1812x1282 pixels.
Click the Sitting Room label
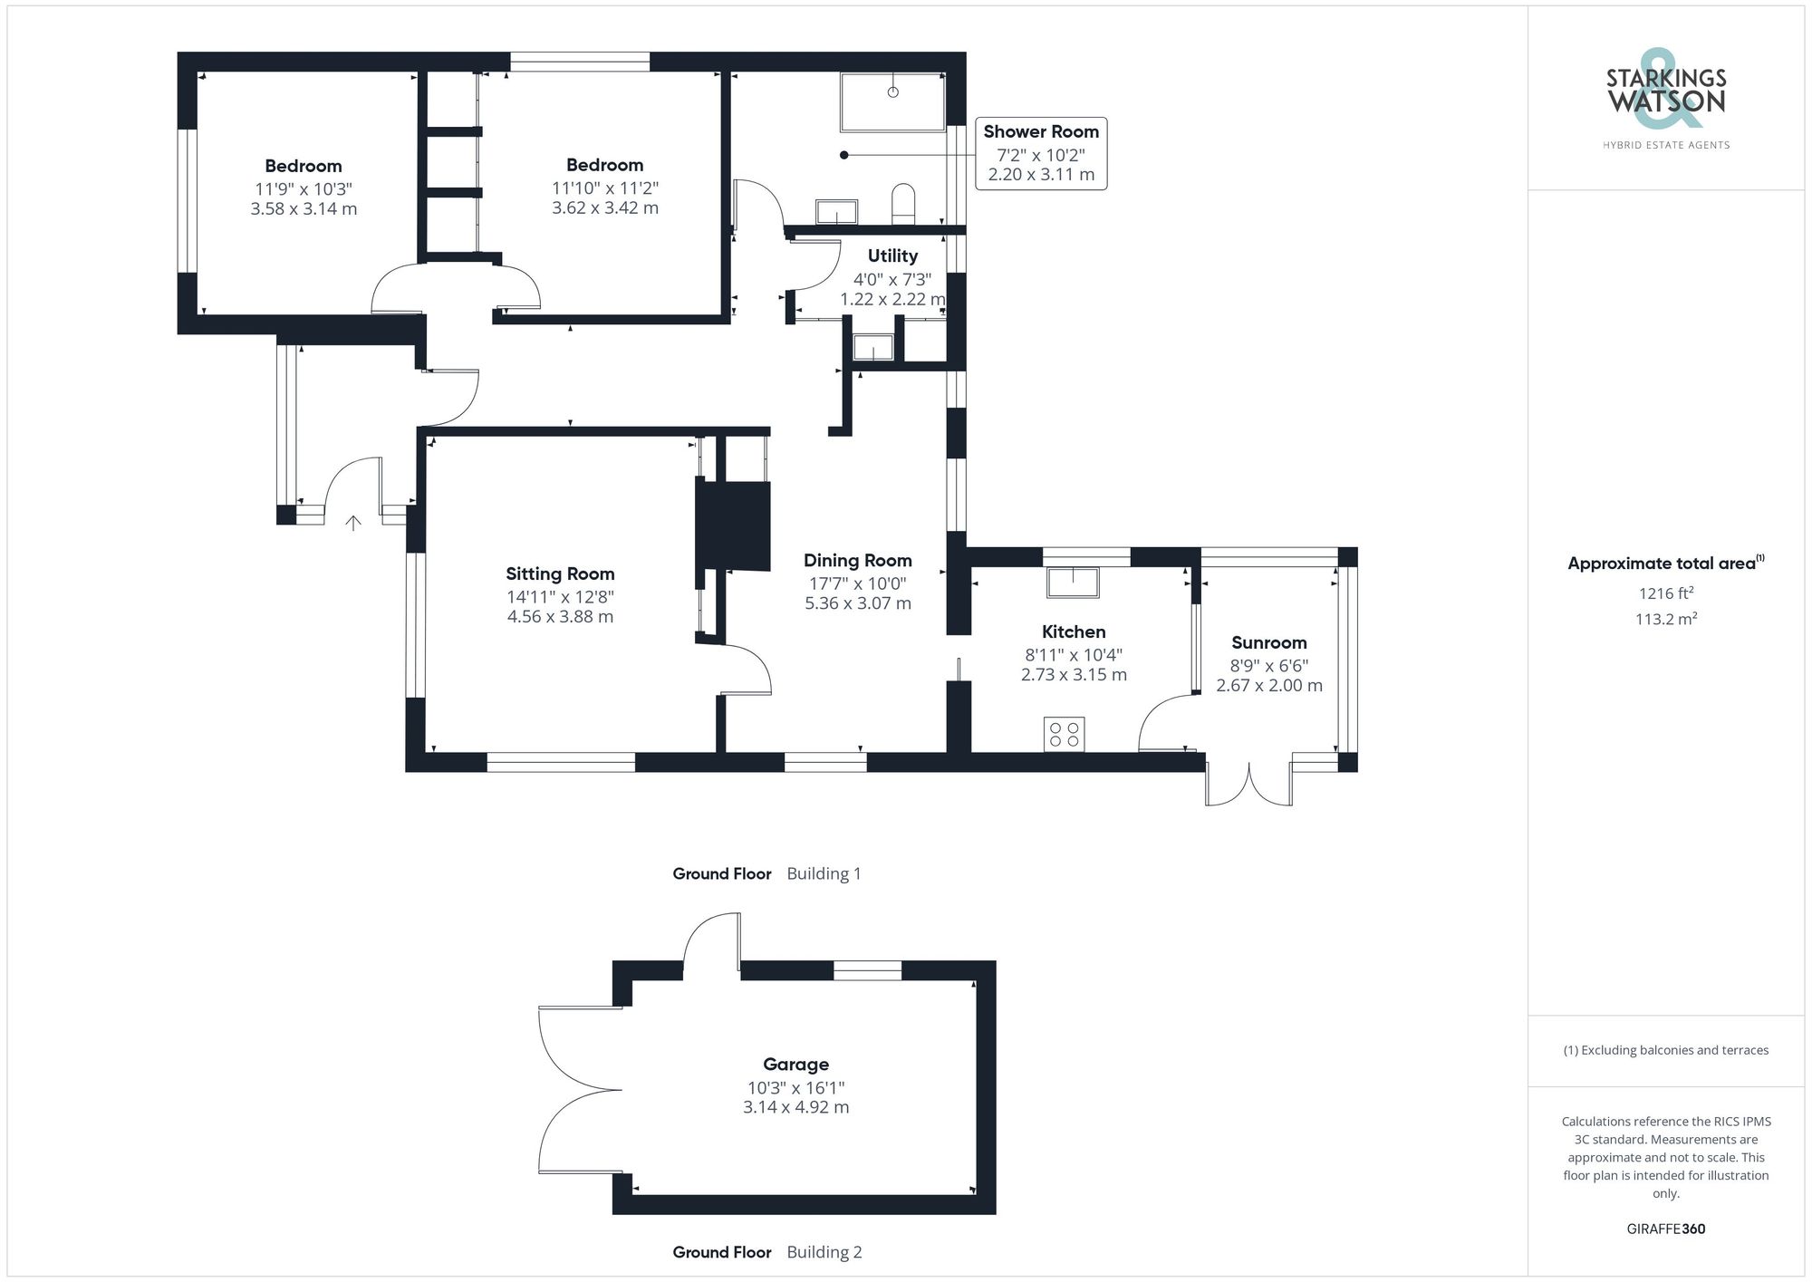[560, 574]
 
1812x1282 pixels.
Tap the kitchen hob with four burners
[1065, 734]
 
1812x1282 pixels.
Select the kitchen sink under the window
[1073, 582]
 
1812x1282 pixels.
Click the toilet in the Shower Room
[903, 204]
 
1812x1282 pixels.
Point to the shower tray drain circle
[893, 92]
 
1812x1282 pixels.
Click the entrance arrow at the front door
[353, 523]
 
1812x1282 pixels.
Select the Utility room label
[892, 255]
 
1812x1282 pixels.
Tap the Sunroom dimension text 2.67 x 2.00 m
[1268, 686]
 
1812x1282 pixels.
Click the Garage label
[795, 1065]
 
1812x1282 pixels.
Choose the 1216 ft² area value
[1665, 593]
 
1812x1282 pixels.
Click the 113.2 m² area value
[1665, 620]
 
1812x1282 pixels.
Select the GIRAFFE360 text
[1665, 1229]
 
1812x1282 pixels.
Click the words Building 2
[824, 1252]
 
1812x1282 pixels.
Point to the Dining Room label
[857, 561]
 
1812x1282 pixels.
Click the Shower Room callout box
[1041, 153]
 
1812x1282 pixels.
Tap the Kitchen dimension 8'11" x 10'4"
[1074, 655]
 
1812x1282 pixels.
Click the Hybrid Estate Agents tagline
[1665, 145]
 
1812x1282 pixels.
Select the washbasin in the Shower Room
[836, 212]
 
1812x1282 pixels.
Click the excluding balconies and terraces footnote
[1665, 1050]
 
